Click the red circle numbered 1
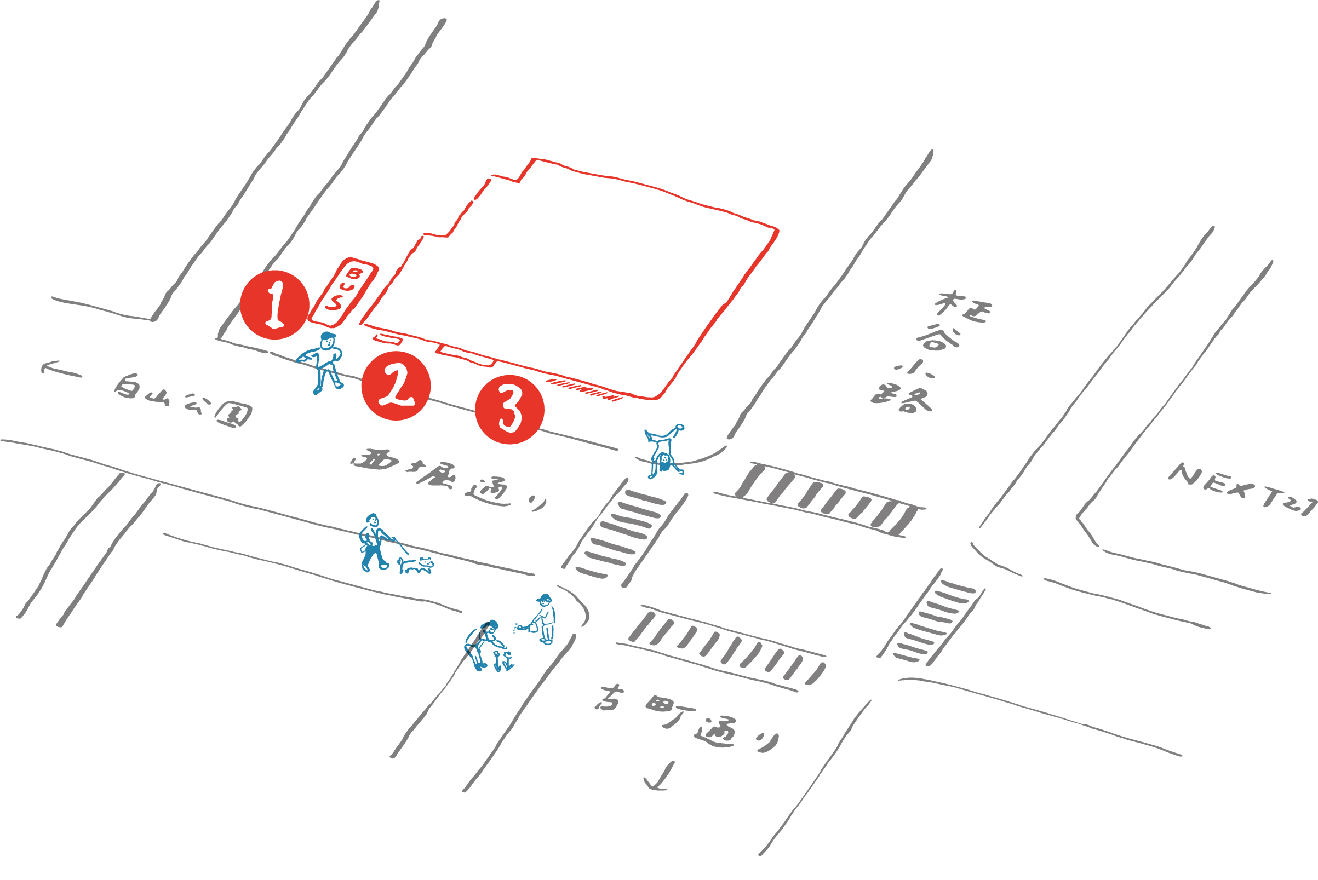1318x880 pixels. click(x=274, y=305)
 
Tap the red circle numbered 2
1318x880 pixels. click(x=396, y=386)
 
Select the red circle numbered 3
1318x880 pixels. click(x=509, y=410)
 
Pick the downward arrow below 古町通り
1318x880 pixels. click(x=658, y=777)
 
